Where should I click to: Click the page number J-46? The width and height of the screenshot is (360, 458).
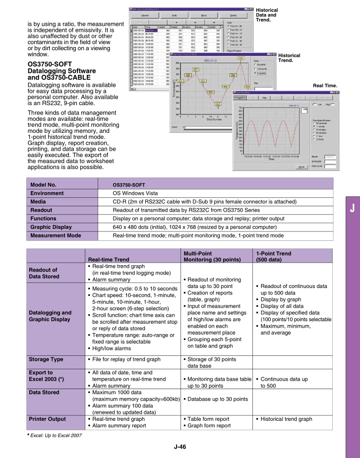point(180,447)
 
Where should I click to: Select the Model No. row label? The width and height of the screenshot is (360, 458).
point(43,184)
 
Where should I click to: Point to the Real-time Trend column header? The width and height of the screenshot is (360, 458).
point(109,259)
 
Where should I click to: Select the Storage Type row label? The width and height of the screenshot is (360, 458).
point(46,359)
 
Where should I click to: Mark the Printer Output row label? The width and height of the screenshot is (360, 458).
point(48,419)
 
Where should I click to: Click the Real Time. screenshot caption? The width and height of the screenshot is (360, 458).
point(325,86)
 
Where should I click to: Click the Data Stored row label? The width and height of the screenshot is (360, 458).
point(44,392)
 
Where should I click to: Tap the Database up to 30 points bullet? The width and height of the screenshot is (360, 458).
point(216,399)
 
